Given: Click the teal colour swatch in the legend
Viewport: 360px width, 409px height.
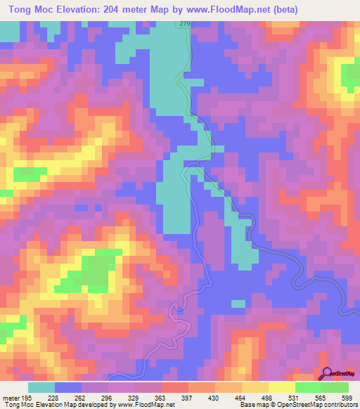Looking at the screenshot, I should coord(41,388).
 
